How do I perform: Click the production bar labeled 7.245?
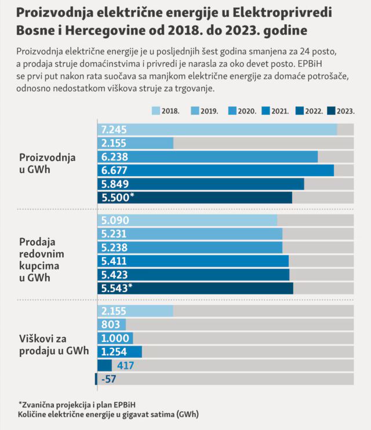(x=217, y=129)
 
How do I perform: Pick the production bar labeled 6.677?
(x=215, y=170)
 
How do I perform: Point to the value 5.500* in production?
(x=118, y=197)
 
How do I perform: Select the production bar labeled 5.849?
(x=200, y=184)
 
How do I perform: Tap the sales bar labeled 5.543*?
(x=195, y=288)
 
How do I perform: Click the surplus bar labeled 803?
(x=111, y=325)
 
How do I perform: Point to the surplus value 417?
(x=126, y=366)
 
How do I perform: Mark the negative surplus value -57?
(x=108, y=379)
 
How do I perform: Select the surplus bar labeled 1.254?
(x=119, y=352)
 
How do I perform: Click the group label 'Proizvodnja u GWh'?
(x=48, y=163)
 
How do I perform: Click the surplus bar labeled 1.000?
(x=115, y=338)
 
